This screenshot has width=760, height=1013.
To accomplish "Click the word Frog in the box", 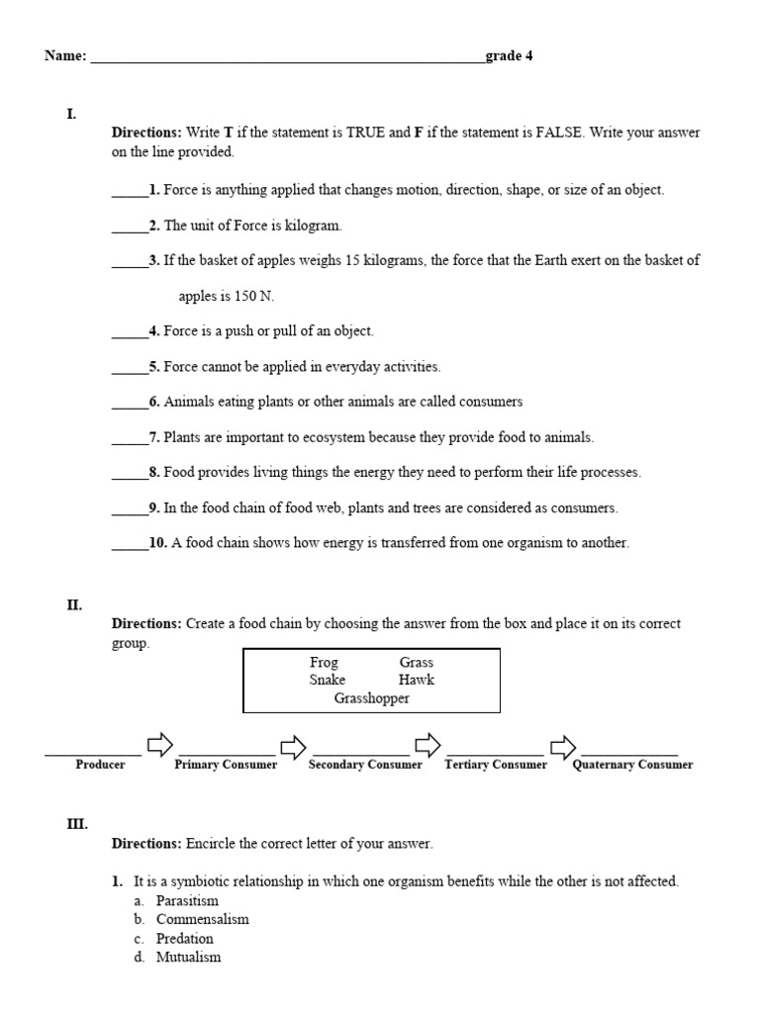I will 324,662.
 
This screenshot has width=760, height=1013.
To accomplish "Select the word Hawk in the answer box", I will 416,680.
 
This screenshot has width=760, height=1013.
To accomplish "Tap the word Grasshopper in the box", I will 371,697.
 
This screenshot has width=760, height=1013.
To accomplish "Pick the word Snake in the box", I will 327,680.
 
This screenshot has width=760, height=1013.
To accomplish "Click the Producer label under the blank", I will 100,765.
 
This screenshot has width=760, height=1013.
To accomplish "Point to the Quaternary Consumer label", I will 632,765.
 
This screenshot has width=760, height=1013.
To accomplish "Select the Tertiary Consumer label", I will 496,765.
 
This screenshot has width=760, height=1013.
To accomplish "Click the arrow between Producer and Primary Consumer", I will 159,745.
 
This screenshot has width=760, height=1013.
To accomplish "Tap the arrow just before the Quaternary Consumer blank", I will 562,745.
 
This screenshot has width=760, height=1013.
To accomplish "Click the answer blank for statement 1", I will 130,191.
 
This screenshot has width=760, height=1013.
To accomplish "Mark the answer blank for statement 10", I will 130,543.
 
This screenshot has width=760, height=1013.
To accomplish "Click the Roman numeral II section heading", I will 74,604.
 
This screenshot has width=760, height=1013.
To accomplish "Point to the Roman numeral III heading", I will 77,823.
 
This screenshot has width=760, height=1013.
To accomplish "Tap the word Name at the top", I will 65,55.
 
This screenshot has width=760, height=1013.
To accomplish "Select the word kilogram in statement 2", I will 311,226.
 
